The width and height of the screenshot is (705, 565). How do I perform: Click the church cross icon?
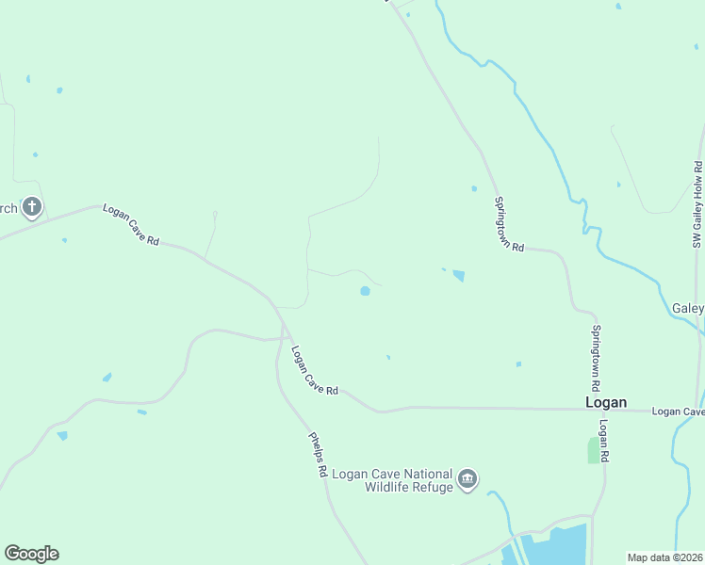point(32,206)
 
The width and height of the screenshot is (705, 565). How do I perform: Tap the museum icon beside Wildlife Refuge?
point(467,480)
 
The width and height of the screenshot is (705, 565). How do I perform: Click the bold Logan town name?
point(606,402)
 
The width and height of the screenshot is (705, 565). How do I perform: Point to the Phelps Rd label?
point(318,454)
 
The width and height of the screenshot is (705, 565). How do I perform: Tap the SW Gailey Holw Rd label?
point(698,204)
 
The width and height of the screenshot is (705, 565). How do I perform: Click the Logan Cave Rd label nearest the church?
point(131,226)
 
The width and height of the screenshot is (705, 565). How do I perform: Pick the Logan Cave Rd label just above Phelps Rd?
point(315,371)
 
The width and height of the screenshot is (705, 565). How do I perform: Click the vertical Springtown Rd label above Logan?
point(596,358)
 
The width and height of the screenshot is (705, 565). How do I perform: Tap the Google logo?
point(31,554)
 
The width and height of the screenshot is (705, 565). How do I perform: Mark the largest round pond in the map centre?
point(365,291)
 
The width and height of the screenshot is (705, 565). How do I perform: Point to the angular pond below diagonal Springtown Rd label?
point(459,276)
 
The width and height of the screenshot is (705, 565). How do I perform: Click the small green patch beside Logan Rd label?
point(594,450)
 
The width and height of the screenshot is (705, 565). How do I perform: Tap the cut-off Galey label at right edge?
point(689,309)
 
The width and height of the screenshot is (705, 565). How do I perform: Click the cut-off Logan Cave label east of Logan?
point(679,412)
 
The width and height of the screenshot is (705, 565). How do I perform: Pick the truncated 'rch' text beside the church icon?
point(8,208)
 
